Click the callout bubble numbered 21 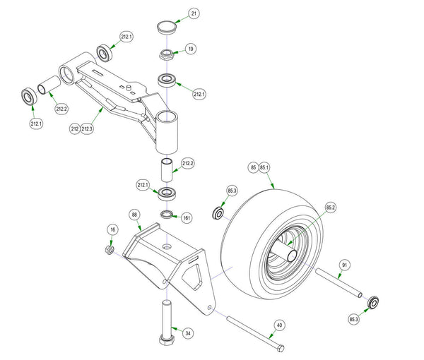coord(194,14)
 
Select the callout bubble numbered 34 coord(188,333)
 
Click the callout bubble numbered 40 coord(280,325)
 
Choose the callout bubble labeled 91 coord(344,265)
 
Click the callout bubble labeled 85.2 coord(331,208)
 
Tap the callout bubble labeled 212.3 coord(88,129)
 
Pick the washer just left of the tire coord(218,213)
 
